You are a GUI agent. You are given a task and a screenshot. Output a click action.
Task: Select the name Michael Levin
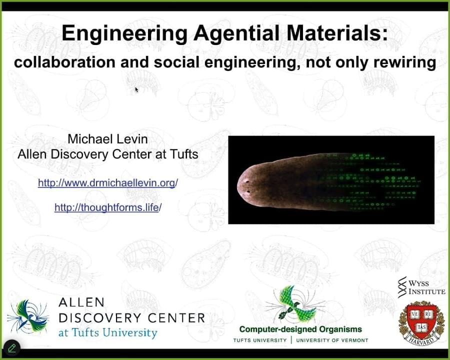point(107,138)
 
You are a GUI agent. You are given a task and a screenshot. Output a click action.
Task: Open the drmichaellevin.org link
point(107,183)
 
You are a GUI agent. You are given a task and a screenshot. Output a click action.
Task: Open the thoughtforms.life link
point(107,207)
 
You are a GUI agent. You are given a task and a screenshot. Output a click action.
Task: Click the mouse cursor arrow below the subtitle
point(136,90)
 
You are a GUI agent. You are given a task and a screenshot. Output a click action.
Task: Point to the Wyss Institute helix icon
point(402,287)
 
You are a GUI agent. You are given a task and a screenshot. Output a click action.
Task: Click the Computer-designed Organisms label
point(300,329)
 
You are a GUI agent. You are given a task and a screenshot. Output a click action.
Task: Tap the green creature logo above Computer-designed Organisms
point(295,305)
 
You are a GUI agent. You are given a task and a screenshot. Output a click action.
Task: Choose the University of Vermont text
point(332,340)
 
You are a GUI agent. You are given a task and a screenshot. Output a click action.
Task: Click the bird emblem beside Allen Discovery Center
point(27,316)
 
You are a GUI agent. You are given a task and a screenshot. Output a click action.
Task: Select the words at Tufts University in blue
point(107,332)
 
